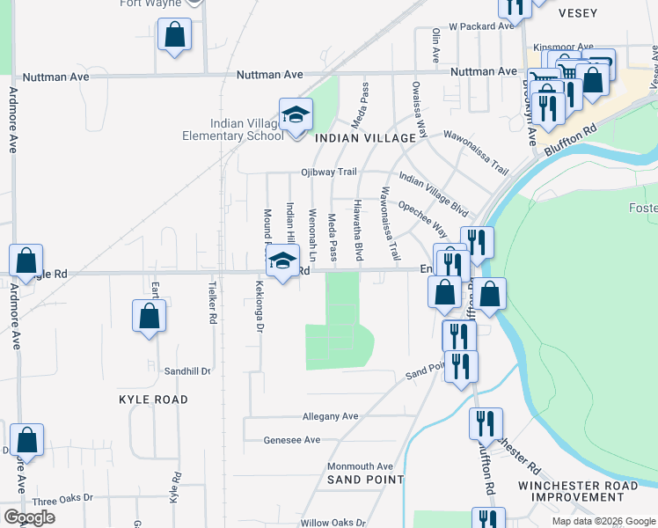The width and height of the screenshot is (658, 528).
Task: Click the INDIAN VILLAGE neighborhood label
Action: point(365,139)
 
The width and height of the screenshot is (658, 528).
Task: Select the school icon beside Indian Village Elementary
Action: point(296,114)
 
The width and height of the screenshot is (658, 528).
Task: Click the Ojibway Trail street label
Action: point(328,172)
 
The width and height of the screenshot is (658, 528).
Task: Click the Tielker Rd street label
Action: point(212,304)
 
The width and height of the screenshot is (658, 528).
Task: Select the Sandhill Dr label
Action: point(187,371)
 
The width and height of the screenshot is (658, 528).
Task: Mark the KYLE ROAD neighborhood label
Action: point(153,400)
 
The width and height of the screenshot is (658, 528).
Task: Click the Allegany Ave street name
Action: point(330,416)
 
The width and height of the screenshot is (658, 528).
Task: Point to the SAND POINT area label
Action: point(365,480)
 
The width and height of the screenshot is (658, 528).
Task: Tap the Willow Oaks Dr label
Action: point(333,522)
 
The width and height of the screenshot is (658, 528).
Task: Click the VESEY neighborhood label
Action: point(578,13)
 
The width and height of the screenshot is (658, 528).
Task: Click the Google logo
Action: point(29,517)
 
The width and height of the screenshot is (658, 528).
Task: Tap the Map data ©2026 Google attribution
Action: point(603,521)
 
